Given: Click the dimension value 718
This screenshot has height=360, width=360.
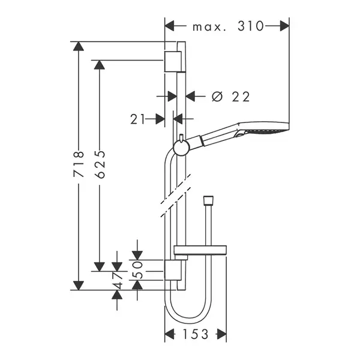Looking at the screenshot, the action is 79,164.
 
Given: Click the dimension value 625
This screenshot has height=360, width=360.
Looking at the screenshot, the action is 100,164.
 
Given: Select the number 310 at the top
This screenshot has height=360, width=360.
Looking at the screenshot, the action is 250,26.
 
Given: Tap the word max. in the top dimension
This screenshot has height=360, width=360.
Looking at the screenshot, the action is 209,27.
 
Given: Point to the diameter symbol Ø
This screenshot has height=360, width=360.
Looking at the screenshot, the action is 217,97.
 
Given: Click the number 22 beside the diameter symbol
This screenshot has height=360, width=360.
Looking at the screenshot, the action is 241,97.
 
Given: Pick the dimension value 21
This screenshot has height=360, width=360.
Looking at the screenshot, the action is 138,119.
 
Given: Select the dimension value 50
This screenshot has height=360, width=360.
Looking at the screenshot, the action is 137,269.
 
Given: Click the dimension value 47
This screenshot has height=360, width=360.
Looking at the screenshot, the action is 117,280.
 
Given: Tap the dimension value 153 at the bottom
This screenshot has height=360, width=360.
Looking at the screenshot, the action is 196,334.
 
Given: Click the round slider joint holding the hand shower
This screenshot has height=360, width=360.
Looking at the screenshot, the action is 181,148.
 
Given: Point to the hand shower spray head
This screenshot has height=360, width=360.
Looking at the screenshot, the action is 264,128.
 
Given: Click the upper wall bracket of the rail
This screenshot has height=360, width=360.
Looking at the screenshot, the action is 173,62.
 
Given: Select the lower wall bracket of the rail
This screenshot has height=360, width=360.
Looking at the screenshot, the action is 173,270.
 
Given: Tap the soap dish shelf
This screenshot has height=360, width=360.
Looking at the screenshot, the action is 200,250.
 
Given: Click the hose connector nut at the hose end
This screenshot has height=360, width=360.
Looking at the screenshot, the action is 208,200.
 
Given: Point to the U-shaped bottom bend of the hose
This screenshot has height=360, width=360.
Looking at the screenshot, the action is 188,318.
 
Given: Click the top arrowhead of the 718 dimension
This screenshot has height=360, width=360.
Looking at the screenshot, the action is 79,46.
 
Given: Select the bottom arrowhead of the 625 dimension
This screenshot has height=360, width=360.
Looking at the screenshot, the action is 100,267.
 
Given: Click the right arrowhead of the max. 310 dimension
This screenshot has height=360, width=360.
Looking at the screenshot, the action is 284,26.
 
